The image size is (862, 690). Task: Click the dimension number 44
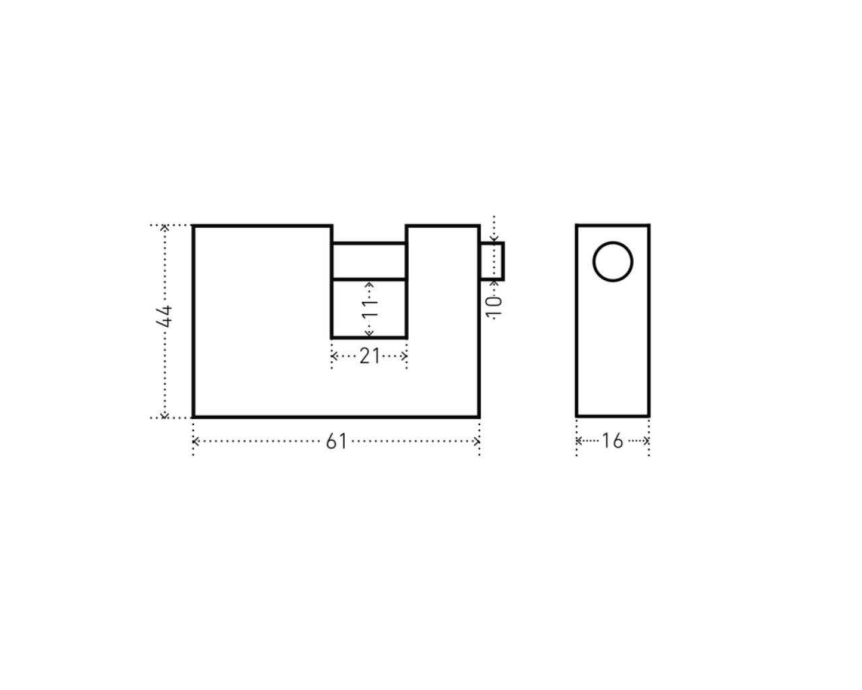(x=164, y=316)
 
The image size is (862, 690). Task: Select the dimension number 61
(x=337, y=441)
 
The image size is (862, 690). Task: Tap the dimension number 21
(x=369, y=356)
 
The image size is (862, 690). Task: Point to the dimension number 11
(x=370, y=309)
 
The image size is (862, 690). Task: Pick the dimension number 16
(x=612, y=441)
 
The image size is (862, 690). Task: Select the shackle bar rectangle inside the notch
(x=369, y=243)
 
